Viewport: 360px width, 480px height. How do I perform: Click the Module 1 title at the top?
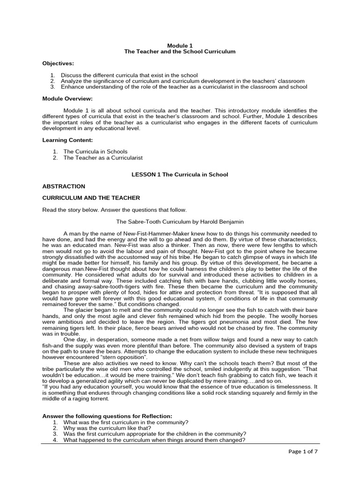[x=180, y=45]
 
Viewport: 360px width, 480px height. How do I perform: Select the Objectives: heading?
[x=58, y=63]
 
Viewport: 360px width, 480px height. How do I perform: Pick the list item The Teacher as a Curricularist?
[x=103, y=158]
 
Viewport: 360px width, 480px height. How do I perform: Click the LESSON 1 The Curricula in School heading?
[x=180, y=174]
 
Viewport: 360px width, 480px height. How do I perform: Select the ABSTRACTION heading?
[x=64, y=186]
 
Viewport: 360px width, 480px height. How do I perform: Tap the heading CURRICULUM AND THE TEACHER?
[x=91, y=198]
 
